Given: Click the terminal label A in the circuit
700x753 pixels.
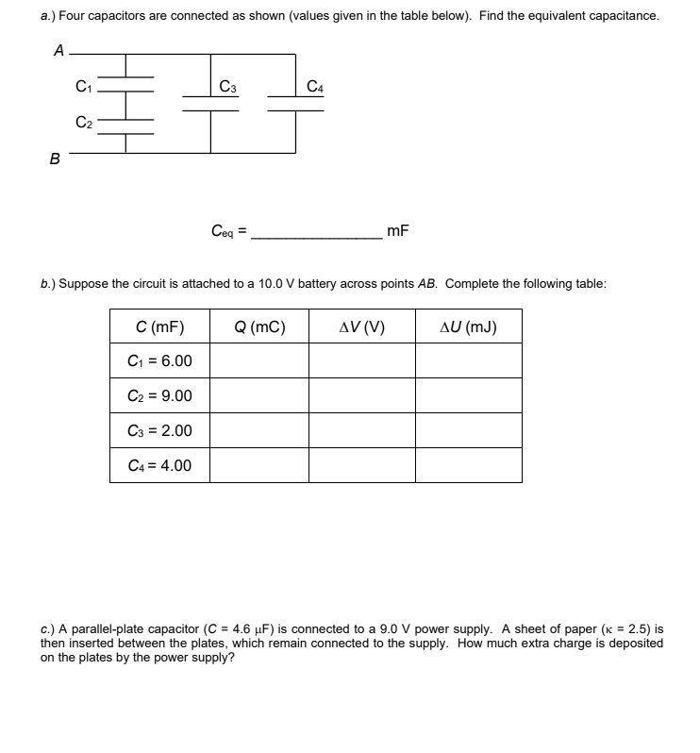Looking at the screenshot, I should tap(58, 52).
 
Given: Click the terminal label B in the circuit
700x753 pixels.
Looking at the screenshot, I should tap(56, 159).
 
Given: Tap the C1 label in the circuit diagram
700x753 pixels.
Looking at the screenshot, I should tap(84, 88).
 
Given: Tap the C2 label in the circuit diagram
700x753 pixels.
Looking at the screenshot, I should tap(84, 122).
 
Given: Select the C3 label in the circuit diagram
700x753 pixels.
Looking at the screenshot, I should tap(226, 88).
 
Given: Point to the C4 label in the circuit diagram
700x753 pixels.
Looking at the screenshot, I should tap(315, 88).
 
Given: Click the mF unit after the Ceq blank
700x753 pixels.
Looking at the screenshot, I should tap(398, 230).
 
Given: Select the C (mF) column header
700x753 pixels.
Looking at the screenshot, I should tap(159, 327).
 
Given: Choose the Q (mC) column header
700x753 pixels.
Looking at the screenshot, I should tap(258, 327).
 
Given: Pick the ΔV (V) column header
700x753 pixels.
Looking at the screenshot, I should tap(361, 327).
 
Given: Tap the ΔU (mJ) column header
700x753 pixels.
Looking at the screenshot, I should tap(468, 327).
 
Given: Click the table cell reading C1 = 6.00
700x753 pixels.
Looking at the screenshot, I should tap(159, 361).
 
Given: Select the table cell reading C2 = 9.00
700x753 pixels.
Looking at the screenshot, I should tap(159, 396).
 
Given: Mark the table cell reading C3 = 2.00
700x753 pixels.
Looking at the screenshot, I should tap(159, 431).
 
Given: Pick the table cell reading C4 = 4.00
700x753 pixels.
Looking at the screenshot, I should tap(159, 465).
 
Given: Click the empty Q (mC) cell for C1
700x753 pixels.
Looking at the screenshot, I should tap(258, 361).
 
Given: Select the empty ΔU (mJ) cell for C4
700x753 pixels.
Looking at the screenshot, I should tap(468, 465).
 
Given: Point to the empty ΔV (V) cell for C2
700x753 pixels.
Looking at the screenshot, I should tap(361, 396).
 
